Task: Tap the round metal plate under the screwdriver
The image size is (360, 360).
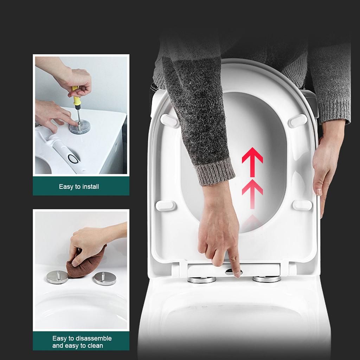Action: [x=79, y=127]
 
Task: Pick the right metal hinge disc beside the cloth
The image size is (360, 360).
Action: [x=104, y=278]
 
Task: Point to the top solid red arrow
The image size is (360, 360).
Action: [x=252, y=160]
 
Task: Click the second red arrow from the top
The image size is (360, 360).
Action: [x=252, y=190]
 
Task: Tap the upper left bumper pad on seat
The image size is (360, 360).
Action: [x=169, y=121]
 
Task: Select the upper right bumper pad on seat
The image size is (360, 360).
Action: [x=297, y=121]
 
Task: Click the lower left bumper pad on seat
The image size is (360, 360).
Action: [x=166, y=206]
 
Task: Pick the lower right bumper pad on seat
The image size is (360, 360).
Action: [x=302, y=205]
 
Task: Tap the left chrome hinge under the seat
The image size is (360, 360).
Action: [x=201, y=280]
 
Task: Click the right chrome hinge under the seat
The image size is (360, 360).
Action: [x=267, y=279]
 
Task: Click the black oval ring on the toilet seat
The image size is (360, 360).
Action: [x=73, y=159]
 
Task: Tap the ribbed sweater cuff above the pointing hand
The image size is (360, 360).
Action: [x=214, y=172]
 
